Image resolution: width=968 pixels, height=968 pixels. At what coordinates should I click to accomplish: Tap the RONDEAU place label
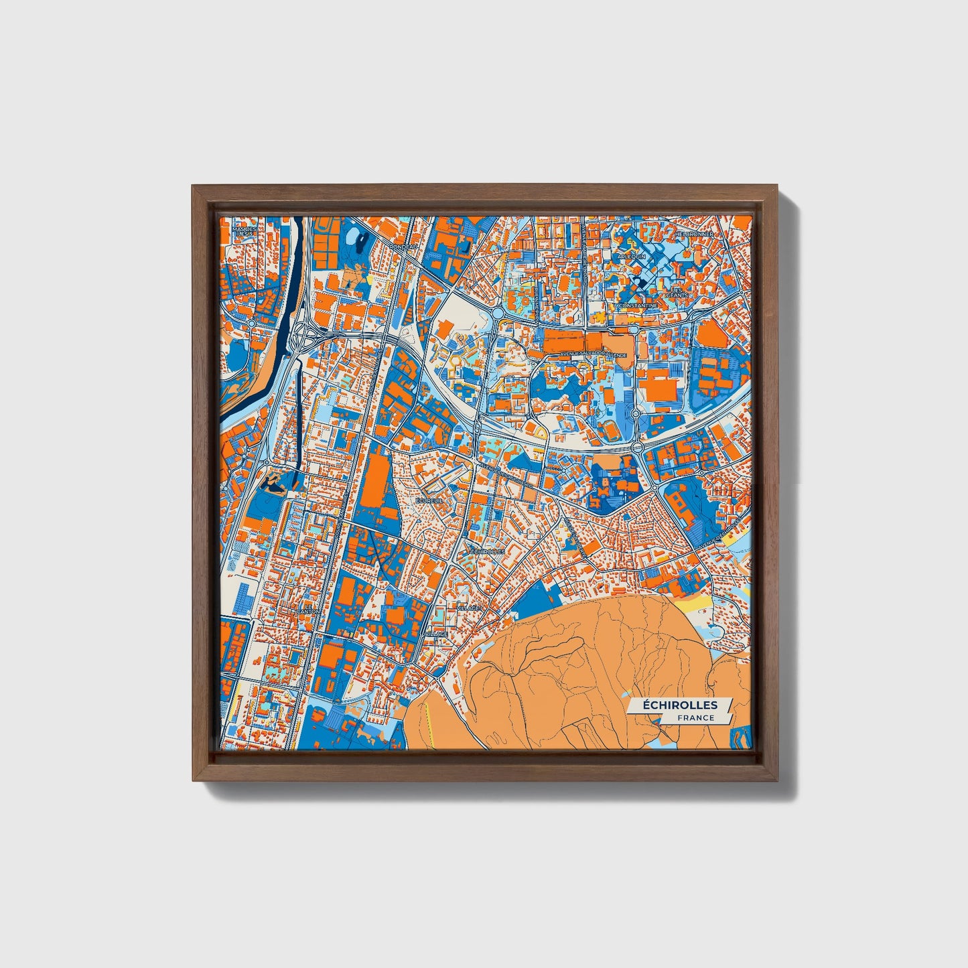pos(403,247)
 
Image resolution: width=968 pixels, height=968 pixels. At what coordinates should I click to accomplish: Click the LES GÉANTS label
pos(677,292)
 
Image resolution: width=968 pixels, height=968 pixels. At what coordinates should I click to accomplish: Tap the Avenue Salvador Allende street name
pos(594,354)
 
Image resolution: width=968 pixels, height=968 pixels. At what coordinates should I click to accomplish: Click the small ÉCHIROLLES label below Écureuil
pos(486,551)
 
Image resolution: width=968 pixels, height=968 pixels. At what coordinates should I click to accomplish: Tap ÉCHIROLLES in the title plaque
pos(680,705)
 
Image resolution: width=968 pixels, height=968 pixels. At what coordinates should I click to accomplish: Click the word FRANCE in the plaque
pos(695,717)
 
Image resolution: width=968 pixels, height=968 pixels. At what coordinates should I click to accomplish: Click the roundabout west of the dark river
pos(252,323)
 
